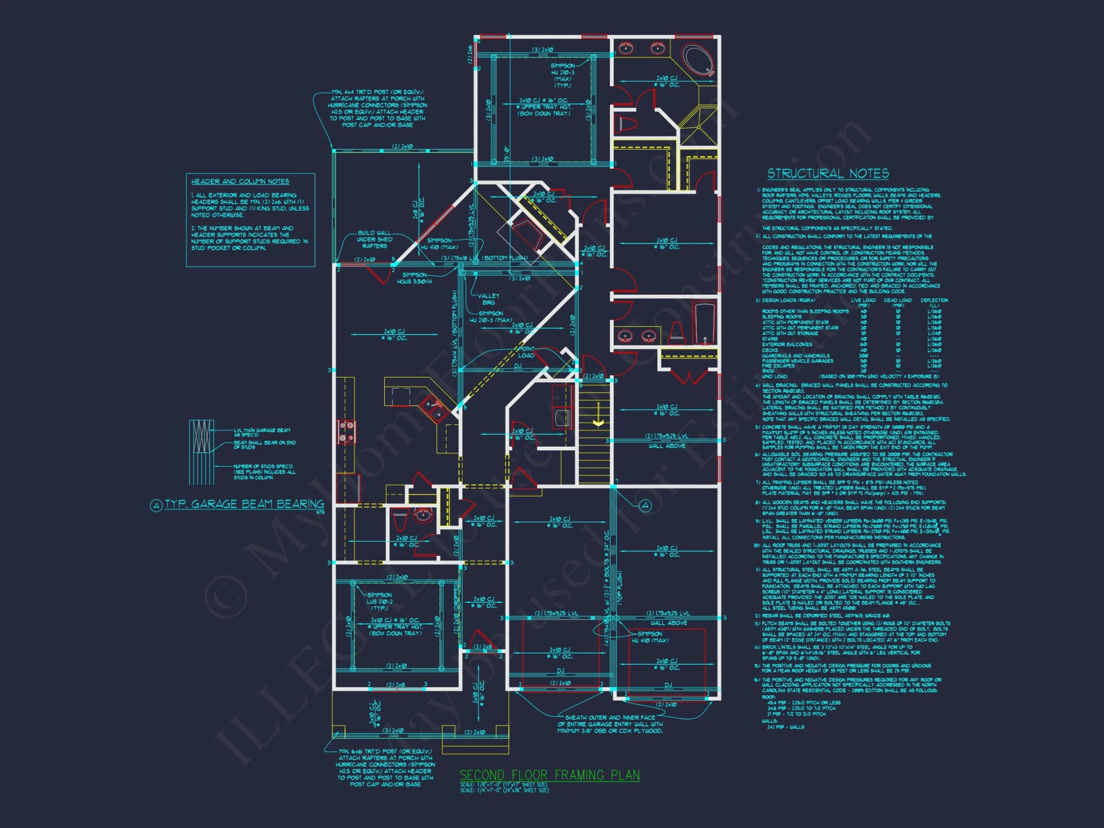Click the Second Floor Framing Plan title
550,775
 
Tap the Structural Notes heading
828,174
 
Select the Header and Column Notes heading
240,182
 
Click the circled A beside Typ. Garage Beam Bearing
156,505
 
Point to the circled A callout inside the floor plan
645,505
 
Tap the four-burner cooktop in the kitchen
346,431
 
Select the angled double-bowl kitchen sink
432,408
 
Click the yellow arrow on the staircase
598,422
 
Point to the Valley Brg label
489,299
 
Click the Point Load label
526,352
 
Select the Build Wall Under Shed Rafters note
374,240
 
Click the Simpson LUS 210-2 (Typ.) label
380,601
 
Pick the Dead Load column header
898,301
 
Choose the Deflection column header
934,301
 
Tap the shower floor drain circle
698,128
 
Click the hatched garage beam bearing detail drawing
201,452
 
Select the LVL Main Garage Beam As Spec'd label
262,432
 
